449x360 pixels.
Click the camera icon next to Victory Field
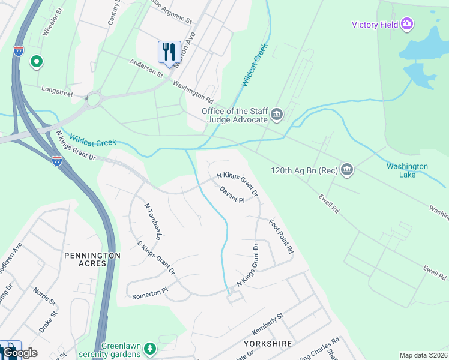click(408, 24)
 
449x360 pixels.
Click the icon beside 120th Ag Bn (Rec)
click(347, 170)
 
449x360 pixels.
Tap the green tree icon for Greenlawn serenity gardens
click(150, 348)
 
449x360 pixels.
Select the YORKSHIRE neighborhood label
click(268, 344)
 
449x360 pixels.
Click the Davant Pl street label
click(232, 196)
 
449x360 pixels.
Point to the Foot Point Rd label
click(281, 236)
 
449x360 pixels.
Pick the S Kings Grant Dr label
click(156, 259)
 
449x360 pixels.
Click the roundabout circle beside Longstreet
click(93, 99)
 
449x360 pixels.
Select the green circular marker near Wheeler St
click(36, 61)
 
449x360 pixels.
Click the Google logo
click(20, 352)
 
